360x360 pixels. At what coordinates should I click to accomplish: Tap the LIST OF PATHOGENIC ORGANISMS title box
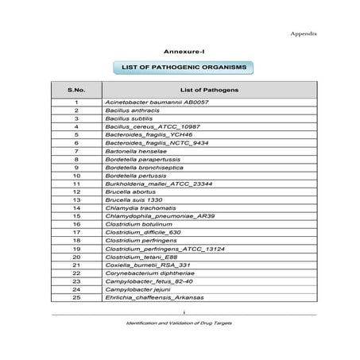coord(183,67)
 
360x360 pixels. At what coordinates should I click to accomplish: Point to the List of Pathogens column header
coord(209,90)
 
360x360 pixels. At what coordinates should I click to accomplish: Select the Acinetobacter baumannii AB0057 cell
coord(157,103)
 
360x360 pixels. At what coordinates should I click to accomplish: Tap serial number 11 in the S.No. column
coord(76,184)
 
